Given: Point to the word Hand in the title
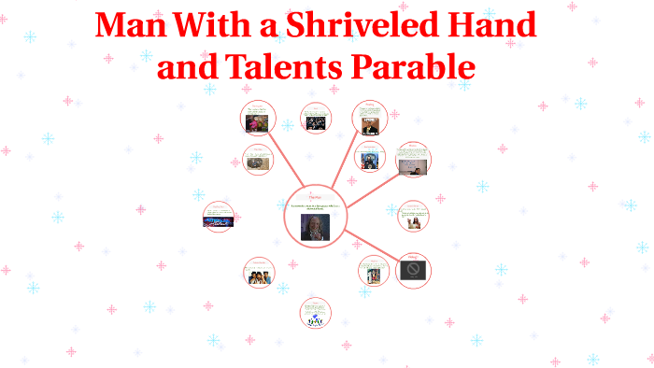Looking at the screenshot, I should [494, 25].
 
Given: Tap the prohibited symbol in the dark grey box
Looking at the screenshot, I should [414, 271].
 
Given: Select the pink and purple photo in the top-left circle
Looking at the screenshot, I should [256, 122].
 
